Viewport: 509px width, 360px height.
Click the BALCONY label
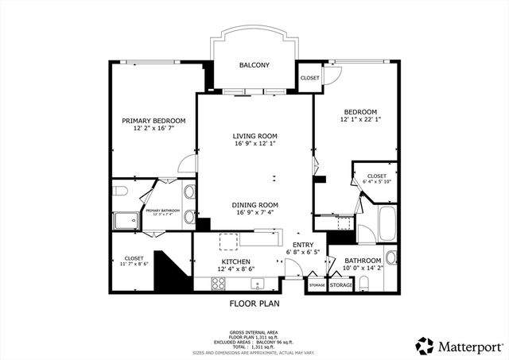pyautogui.click(x=254, y=66)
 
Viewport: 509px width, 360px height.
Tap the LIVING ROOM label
pyautogui.click(x=254, y=136)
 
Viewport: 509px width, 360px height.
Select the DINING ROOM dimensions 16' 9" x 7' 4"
pyautogui.click(x=254, y=212)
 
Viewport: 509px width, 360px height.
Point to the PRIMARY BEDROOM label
pyautogui.click(x=153, y=121)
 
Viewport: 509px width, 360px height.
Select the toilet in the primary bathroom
pyautogui.click(x=119, y=191)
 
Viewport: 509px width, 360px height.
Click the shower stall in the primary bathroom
pyautogui.click(x=124, y=220)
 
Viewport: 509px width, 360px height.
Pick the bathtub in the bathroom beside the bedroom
pyautogui.click(x=386, y=223)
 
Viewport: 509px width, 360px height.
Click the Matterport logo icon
pyautogui.click(x=425, y=346)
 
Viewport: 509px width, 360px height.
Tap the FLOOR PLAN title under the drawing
pyautogui.click(x=254, y=303)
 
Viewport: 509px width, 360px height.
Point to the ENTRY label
pyautogui.click(x=303, y=245)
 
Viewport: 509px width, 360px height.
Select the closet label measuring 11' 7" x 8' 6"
pyautogui.click(x=134, y=263)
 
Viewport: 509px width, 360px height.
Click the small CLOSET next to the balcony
pyautogui.click(x=309, y=78)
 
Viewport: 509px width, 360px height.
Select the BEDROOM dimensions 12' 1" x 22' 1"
pyautogui.click(x=360, y=120)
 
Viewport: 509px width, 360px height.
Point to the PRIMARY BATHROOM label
pyautogui.click(x=162, y=211)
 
